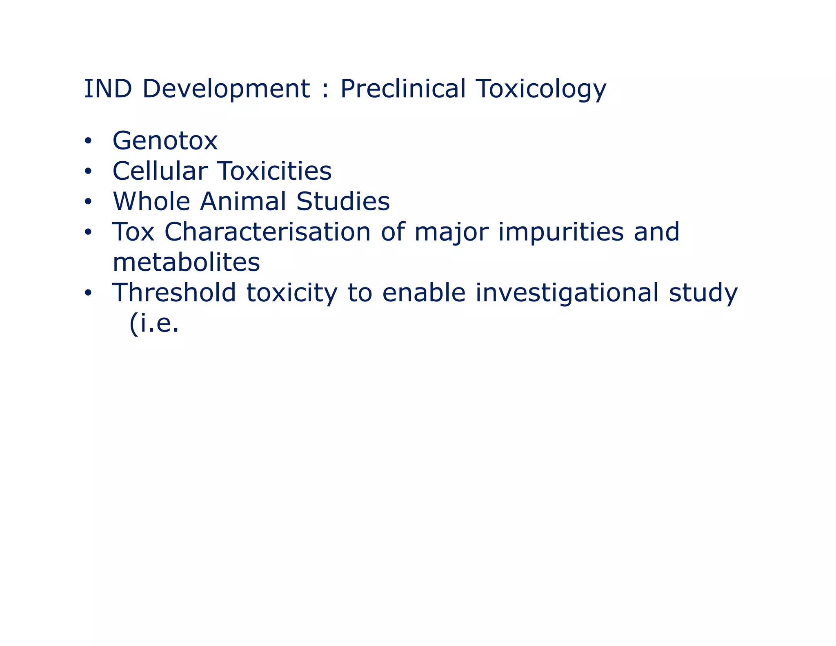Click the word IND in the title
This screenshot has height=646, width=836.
click(x=108, y=89)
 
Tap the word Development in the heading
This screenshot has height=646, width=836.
click(x=226, y=89)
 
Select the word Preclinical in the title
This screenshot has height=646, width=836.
click(x=402, y=89)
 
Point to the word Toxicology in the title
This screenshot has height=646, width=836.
click(x=541, y=89)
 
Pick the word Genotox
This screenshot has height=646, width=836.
click(x=165, y=141)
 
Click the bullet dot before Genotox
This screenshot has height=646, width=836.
click(x=88, y=141)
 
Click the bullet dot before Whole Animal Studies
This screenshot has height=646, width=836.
click(x=88, y=202)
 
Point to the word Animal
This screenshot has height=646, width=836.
click(x=243, y=201)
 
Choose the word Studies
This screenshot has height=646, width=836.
click(x=343, y=201)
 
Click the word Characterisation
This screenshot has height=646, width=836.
click(x=267, y=232)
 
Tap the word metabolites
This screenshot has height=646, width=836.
click(x=186, y=262)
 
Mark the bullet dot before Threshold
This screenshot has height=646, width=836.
click(x=88, y=293)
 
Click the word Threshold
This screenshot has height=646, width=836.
click(x=174, y=293)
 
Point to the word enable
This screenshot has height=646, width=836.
click(x=424, y=293)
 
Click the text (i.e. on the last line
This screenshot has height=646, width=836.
click(x=154, y=324)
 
